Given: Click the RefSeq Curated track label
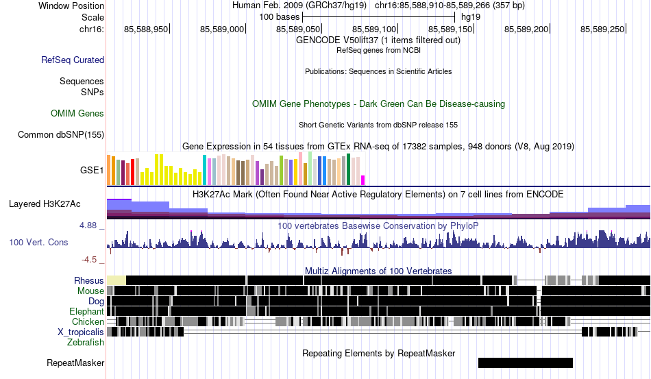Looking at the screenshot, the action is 73,60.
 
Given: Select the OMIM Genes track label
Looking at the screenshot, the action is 77,113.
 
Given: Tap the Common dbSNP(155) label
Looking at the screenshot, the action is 61,134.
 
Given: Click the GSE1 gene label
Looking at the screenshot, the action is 92,170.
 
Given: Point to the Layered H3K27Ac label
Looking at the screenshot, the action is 45,204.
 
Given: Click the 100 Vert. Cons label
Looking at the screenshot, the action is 38,242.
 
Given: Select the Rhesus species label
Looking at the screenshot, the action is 89,280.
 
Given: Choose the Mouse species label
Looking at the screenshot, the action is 90,291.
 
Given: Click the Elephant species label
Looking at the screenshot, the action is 86,311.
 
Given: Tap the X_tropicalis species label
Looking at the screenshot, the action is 81,332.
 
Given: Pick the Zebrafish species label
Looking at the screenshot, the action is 86,343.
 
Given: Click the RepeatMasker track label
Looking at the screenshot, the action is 75,363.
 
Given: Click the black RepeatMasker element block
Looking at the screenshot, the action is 526,363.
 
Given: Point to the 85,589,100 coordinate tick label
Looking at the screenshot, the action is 374,29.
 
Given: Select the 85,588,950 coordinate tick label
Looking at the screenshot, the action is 146,29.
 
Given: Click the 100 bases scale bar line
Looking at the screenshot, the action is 379,17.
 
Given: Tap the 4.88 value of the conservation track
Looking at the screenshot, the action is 88,225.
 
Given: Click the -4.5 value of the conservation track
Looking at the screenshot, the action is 89,260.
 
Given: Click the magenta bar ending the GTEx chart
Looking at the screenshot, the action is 363,180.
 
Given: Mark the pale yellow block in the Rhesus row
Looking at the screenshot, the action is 116,280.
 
